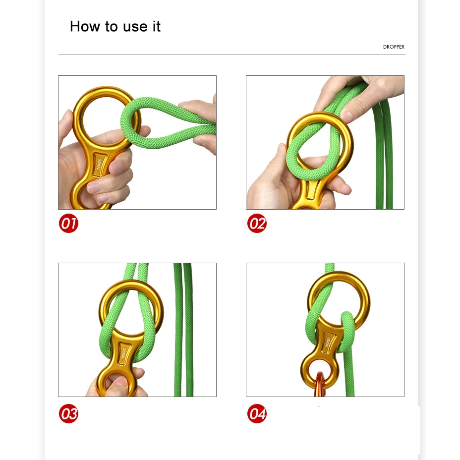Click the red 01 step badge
(x=68, y=223)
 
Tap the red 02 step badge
(x=257, y=223)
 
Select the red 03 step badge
(x=68, y=413)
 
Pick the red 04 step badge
(x=257, y=413)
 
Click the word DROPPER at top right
(x=394, y=47)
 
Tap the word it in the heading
(x=156, y=26)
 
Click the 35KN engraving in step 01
(x=100, y=166)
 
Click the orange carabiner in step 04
(x=320, y=384)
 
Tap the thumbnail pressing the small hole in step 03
(x=120, y=381)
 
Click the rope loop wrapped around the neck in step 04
(x=347, y=332)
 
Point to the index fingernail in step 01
(x=116, y=169)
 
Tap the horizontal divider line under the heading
(x=232, y=54)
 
